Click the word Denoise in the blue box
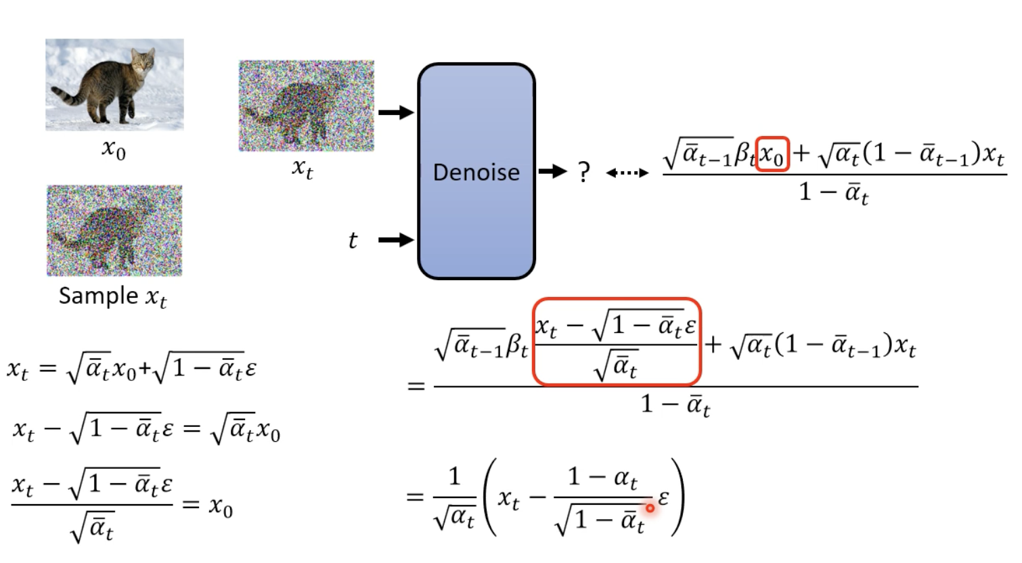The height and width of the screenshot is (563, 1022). [x=476, y=173]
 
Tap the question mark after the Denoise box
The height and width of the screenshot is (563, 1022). [x=584, y=173]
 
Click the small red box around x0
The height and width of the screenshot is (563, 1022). [x=772, y=154]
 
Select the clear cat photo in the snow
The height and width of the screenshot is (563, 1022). [x=114, y=85]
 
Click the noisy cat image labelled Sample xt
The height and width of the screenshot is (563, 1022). [x=114, y=231]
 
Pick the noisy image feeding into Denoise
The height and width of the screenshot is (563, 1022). [x=307, y=106]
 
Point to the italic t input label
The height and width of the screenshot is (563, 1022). [x=352, y=240]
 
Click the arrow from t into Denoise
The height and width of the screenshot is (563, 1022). [x=396, y=240]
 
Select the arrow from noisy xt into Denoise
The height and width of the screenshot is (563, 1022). [x=396, y=112]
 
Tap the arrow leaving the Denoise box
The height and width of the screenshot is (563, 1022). [x=552, y=172]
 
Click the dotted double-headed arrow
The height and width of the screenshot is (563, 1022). [x=627, y=173]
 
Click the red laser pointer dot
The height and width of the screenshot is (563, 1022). [x=650, y=508]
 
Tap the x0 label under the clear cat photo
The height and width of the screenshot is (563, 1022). [x=114, y=148]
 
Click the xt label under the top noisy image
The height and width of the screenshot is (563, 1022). [x=303, y=167]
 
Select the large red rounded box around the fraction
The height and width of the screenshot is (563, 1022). [x=617, y=342]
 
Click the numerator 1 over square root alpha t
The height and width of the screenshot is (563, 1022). [x=454, y=476]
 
